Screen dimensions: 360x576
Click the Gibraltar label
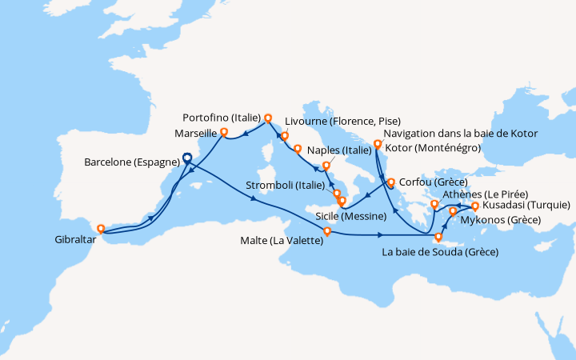(74, 239)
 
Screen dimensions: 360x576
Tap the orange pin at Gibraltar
(102, 229)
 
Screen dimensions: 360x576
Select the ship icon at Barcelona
(187, 158)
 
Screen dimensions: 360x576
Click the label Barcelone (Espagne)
(132, 162)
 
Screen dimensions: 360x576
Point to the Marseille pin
(224, 132)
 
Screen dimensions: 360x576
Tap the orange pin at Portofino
(268, 117)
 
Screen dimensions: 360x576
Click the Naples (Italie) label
(339, 150)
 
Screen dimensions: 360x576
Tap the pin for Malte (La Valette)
(326, 232)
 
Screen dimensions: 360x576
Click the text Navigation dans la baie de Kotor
(461, 133)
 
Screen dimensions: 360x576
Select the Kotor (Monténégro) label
(432, 148)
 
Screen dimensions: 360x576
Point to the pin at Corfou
(391, 182)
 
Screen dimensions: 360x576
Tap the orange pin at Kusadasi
(475, 206)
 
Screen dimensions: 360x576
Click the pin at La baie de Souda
(438, 237)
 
